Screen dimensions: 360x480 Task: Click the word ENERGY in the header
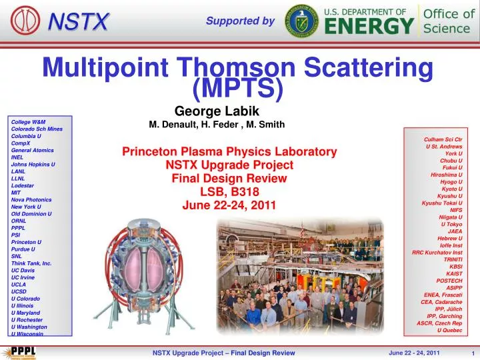[x=369, y=27]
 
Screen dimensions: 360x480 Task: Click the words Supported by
[x=240, y=21]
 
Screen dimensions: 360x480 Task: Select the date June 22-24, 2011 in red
[x=229, y=205]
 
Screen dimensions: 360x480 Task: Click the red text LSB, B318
[x=229, y=192]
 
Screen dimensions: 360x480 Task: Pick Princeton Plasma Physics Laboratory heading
[x=229, y=152]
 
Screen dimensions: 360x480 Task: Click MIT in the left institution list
[x=17, y=192]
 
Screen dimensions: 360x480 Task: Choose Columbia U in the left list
[x=27, y=136]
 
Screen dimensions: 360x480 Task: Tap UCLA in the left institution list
[x=19, y=284]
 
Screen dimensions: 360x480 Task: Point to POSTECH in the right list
[x=449, y=281]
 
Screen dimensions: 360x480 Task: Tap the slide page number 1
[x=471, y=353]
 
